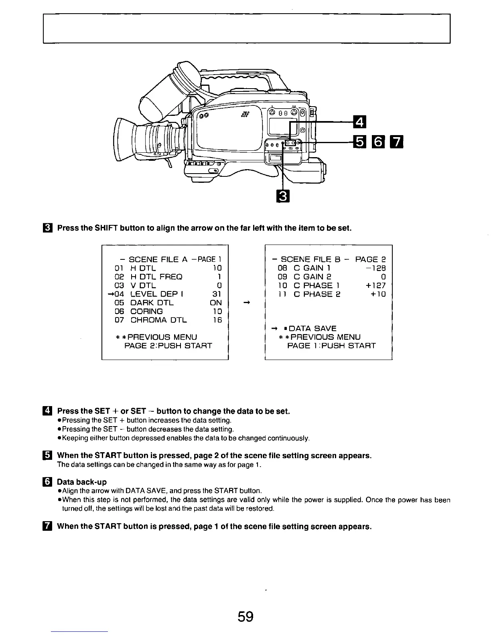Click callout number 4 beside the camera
tap(358, 120)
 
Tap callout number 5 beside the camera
tap(358, 142)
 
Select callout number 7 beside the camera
tap(397, 142)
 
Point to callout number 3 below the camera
tap(283, 196)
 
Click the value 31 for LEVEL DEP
tap(217, 294)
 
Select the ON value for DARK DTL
tap(216, 303)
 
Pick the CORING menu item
tap(147, 311)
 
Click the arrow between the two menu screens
tap(247, 303)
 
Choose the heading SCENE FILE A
tap(158, 259)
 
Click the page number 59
tap(245, 616)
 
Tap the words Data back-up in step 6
tap(82, 481)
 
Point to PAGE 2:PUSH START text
tap(168, 346)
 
